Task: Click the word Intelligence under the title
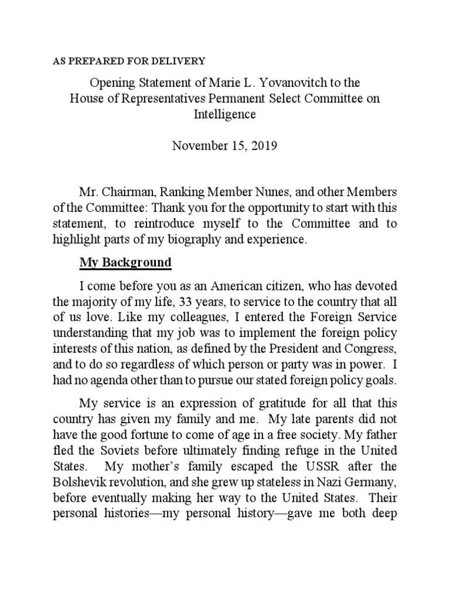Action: pos(225,114)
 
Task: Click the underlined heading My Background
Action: pos(125,262)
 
